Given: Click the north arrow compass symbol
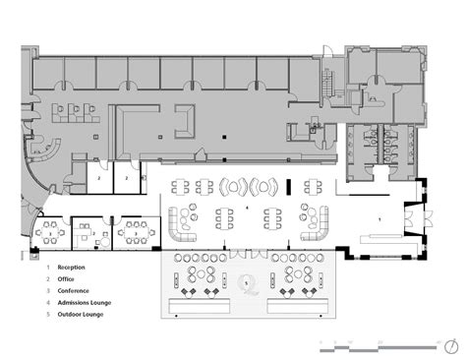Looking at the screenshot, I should point(450,345).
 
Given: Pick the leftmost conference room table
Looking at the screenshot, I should point(48,233).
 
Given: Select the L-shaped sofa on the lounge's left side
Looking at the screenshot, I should point(182,221).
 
